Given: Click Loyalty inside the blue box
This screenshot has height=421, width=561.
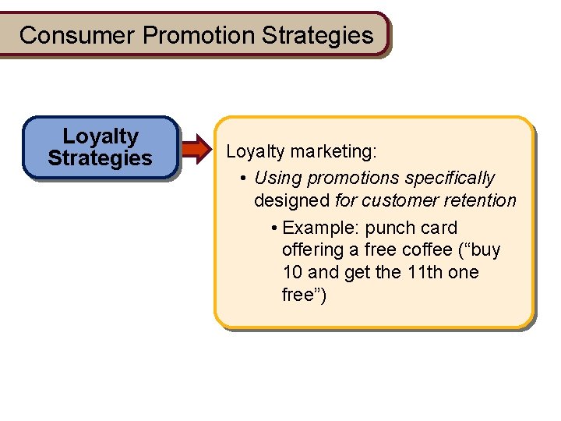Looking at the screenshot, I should click(x=101, y=136).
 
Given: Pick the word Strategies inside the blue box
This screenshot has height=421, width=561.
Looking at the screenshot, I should click(x=100, y=158).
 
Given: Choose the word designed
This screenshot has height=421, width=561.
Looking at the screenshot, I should click(x=291, y=200).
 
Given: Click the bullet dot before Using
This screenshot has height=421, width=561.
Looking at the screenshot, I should click(x=244, y=179).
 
